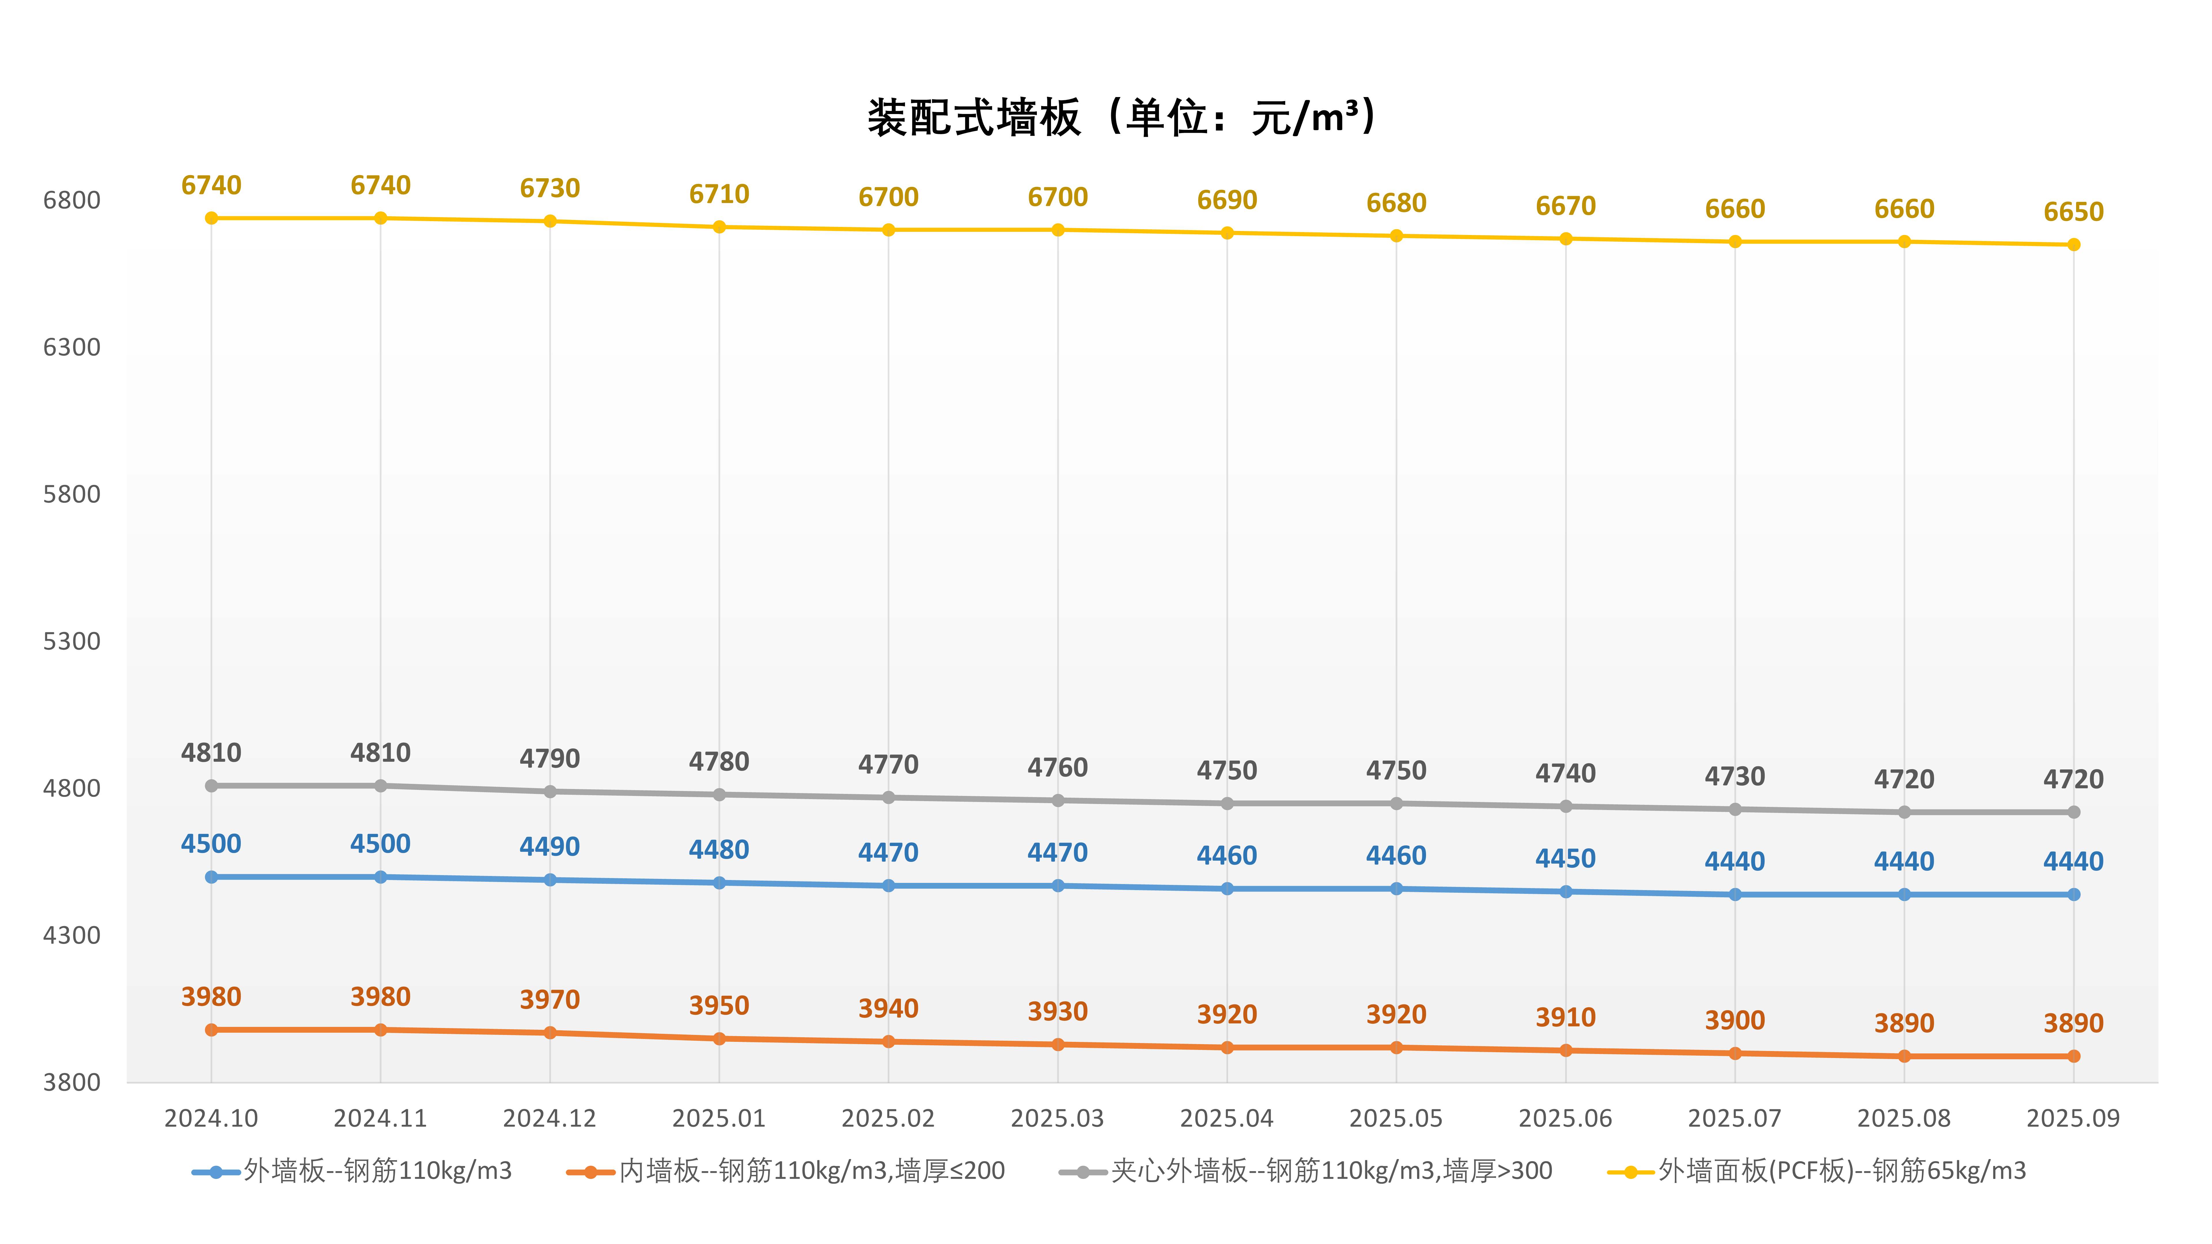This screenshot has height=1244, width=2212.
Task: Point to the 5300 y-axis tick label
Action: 72,641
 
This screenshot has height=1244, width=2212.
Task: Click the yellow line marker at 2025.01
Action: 719,227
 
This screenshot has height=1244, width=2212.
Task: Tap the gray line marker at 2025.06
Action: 1565,806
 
